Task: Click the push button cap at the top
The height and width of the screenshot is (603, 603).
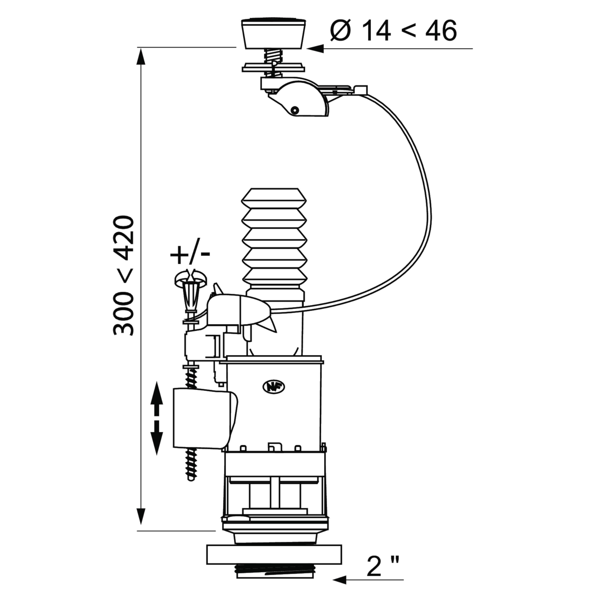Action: point(273,34)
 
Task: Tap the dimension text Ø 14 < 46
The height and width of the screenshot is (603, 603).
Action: point(394,31)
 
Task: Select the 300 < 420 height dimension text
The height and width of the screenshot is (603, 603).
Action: point(124,275)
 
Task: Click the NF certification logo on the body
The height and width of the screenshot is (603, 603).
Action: point(274,387)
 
